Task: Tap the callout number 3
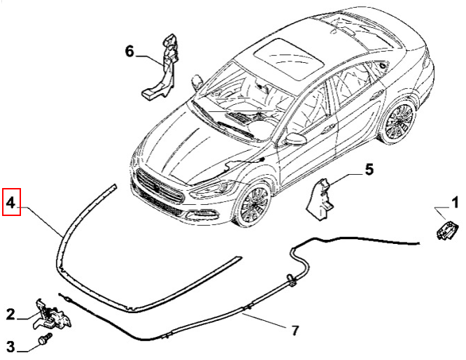tap(10, 345)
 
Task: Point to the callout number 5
tap(369, 168)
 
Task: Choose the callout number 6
tap(129, 51)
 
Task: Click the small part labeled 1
tap(445, 229)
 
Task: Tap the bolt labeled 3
tap(44, 340)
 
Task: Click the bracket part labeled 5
tap(322, 196)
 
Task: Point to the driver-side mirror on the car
tap(297, 138)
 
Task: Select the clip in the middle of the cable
tap(288, 282)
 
